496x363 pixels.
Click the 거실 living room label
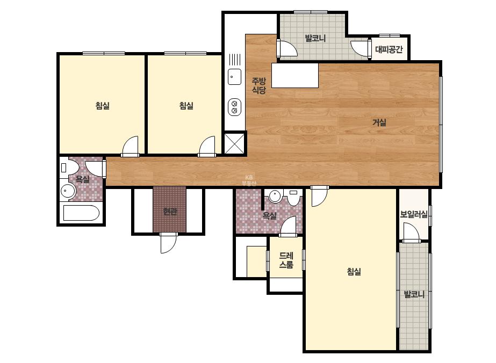click(379, 122)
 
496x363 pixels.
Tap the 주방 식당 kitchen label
click(259, 85)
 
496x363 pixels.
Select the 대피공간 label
click(389, 49)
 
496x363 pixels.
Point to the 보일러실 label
click(414, 214)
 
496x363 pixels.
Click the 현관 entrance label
click(170, 211)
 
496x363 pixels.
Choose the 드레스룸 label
click(286, 260)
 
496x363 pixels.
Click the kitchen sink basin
click(234, 77)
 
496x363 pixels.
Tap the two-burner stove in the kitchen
click(234, 107)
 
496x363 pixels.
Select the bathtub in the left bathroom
click(81, 213)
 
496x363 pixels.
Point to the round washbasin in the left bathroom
click(68, 191)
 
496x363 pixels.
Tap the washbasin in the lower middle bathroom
click(275, 195)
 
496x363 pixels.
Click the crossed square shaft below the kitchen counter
click(234, 143)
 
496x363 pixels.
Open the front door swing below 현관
click(168, 243)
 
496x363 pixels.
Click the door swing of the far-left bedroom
click(131, 146)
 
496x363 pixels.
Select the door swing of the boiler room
click(411, 233)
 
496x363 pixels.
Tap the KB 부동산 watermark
click(249, 180)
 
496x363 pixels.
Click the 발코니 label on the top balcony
click(315, 38)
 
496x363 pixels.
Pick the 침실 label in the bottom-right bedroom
click(354, 271)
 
